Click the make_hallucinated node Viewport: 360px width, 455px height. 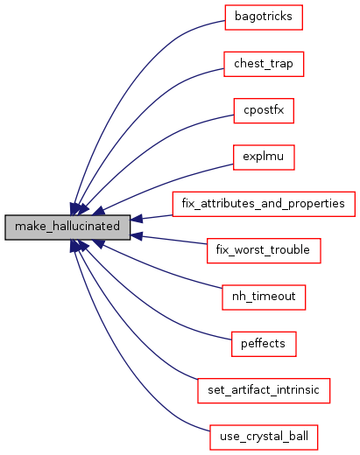coord(67,227)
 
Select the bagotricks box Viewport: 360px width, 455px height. coord(264,17)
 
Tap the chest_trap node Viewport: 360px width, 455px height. coord(264,64)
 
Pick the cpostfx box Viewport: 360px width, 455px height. coord(264,111)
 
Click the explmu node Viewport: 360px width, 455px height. coord(264,157)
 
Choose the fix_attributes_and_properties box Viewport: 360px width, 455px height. coord(264,204)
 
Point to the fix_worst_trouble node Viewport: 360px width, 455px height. coord(264,250)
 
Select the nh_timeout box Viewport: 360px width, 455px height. coord(264,297)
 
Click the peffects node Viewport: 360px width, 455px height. coord(264,344)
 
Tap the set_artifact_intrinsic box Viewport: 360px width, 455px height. coord(264,390)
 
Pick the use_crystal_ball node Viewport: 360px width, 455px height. coord(264,437)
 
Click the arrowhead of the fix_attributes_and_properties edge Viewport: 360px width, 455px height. coord(137,219)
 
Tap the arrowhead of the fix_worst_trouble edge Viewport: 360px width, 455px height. coord(137,236)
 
